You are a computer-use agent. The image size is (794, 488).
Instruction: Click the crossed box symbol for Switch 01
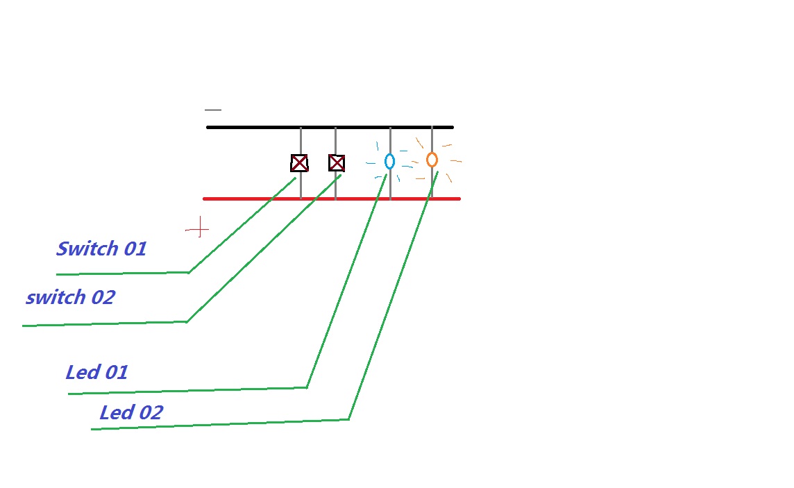(x=299, y=163)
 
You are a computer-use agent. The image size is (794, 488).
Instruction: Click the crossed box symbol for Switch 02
(x=337, y=163)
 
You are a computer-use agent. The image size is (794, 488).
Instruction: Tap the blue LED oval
(x=389, y=161)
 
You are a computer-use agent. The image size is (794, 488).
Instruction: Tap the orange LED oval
(x=432, y=160)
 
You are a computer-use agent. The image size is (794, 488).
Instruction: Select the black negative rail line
(x=264, y=127)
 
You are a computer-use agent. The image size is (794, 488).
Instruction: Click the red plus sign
(x=198, y=228)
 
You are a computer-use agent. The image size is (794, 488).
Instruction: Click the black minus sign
(x=213, y=110)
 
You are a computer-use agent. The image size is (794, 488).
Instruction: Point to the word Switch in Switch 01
(x=87, y=249)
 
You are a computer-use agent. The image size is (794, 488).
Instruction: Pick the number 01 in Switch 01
(x=134, y=249)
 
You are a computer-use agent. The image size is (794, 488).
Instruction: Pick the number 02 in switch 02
(x=102, y=298)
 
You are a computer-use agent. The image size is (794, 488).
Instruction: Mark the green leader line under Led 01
(x=187, y=391)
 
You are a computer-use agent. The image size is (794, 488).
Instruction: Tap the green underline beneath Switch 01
(x=122, y=274)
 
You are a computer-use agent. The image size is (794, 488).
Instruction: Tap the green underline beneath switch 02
(x=104, y=323)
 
